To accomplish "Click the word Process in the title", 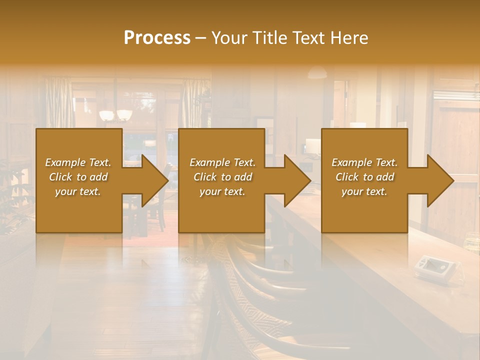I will [x=157, y=37].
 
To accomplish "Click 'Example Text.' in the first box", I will [x=78, y=162].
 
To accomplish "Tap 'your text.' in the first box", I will [x=78, y=191].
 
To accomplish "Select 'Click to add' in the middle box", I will [x=222, y=177].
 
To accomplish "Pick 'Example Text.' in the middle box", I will [x=222, y=162].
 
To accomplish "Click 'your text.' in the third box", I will [x=364, y=191].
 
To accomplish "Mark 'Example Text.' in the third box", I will [x=364, y=162].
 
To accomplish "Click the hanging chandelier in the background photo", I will [x=115, y=115].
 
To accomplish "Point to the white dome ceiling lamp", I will [x=317, y=73].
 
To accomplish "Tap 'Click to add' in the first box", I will [x=78, y=177].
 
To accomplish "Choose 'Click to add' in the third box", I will [x=364, y=177].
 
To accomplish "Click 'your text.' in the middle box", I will [x=222, y=191].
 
